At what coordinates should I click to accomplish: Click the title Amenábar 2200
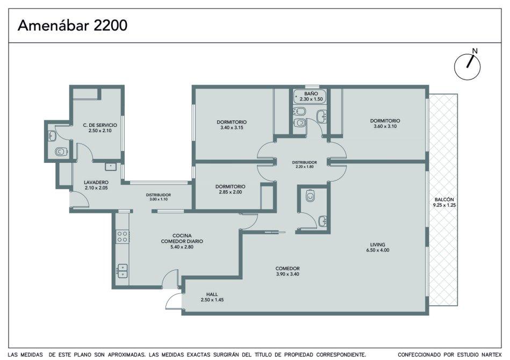click(x=72, y=25)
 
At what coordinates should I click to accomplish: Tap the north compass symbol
click(x=468, y=66)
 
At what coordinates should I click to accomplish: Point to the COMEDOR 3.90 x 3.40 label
click(x=287, y=271)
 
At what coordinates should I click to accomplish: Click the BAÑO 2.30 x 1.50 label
click(x=311, y=96)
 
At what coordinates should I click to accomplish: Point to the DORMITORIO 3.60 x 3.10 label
click(x=385, y=124)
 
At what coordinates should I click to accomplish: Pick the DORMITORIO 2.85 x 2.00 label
click(x=231, y=189)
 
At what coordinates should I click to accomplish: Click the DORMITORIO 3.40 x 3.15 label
click(x=232, y=125)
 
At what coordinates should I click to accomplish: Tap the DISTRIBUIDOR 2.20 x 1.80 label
click(x=304, y=164)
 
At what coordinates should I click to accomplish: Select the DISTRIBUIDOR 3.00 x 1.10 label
click(x=159, y=197)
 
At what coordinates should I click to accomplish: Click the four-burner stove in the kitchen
click(x=123, y=236)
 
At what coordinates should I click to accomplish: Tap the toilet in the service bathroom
click(x=61, y=152)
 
